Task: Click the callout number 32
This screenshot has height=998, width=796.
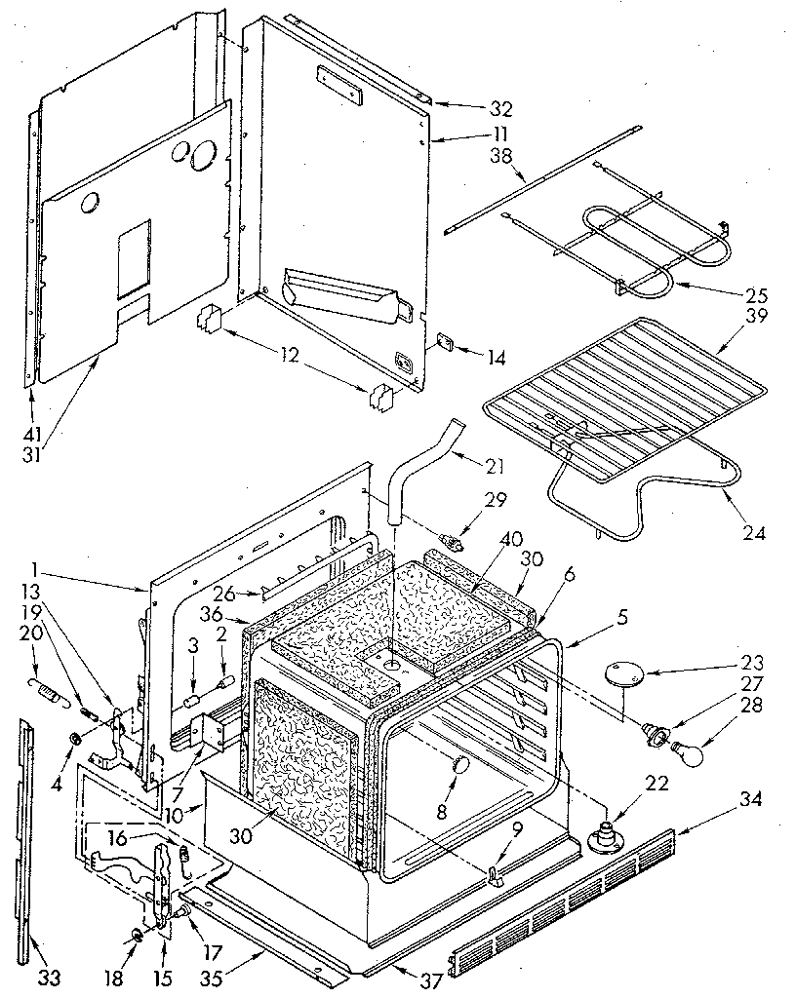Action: (474, 108)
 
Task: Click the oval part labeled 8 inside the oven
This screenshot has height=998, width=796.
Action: (455, 767)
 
